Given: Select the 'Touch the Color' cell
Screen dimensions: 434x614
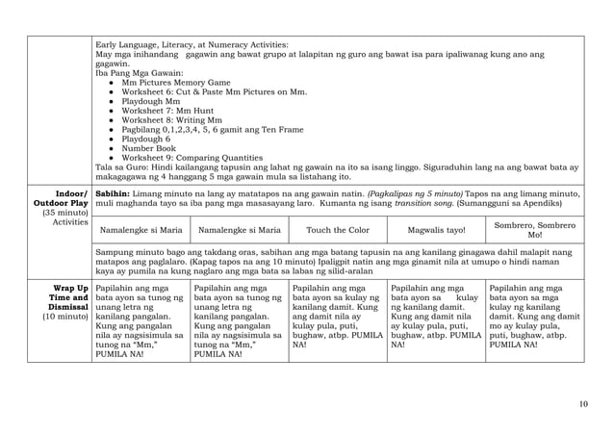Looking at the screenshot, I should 336,231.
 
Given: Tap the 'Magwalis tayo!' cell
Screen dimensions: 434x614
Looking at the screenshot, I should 435,231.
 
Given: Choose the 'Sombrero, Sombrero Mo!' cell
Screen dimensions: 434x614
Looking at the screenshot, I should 535,231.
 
